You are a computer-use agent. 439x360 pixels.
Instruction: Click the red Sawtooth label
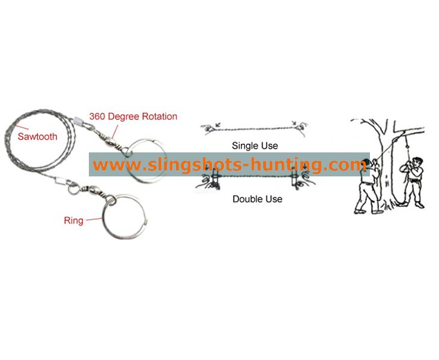pyautogui.click(x=37, y=137)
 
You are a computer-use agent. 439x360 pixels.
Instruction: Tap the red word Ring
pyautogui.click(x=74, y=220)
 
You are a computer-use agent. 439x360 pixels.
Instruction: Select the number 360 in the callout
pyautogui.click(x=97, y=116)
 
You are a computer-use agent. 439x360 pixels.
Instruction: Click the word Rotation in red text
pyautogui.click(x=160, y=116)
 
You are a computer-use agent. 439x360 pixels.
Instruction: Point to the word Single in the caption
pyautogui.click(x=244, y=146)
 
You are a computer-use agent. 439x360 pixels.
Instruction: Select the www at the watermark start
pyautogui.click(x=117, y=166)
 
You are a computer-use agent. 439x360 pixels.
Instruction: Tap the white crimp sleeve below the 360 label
pyautogui.click(x=79, y=121)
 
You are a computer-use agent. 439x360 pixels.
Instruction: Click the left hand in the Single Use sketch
pyautogui.click(x=208, y=128)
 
